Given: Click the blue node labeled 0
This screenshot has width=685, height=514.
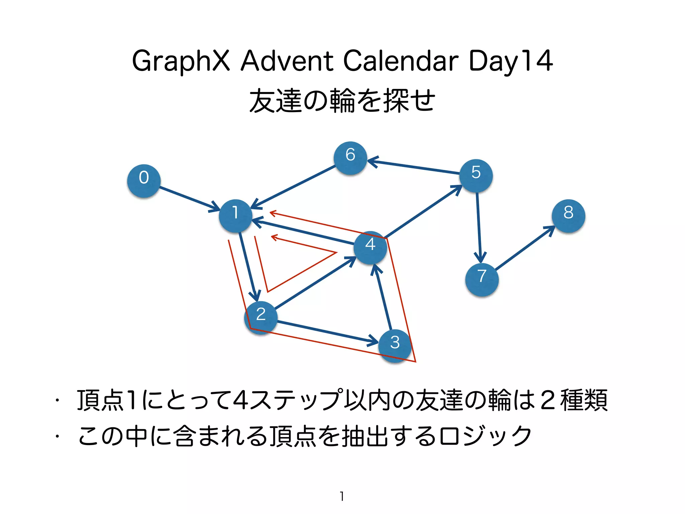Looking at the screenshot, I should pos(144,181).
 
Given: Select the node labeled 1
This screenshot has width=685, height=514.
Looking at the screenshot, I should pos(235,216).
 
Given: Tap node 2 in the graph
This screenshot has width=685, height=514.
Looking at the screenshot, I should pos(261,317).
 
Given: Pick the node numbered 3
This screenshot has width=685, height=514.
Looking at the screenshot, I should pos(395,345).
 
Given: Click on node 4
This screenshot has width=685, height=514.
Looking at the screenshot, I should pos(370,247).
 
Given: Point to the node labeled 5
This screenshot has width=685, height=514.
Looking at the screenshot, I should pos(476,175).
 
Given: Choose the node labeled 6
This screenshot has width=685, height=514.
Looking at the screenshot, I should pos(350,158).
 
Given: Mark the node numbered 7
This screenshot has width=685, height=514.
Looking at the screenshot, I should pos(482,279).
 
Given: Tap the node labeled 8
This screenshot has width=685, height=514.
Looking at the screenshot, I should pos(568,216).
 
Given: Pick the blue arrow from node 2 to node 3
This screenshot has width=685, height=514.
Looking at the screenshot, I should pos(328,332).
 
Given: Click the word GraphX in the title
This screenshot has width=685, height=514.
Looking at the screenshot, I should pos(181,61).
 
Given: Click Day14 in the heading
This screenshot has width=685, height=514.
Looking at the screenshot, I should pos(510,61).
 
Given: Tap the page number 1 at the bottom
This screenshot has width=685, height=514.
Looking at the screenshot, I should pos(342,496).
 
